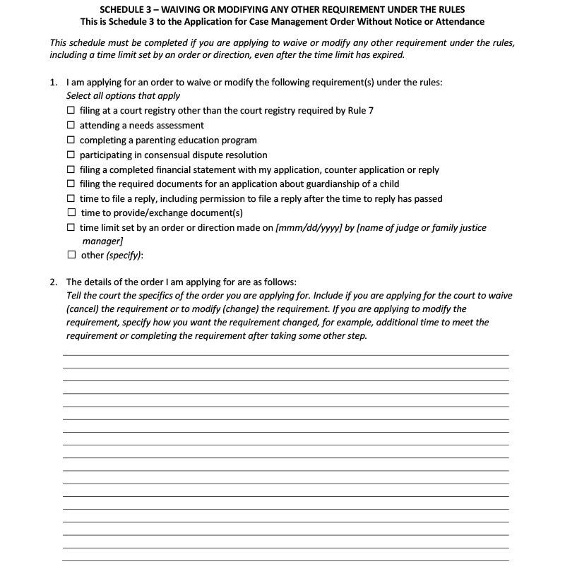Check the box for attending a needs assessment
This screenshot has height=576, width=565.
pyautogui.click(x=71, y=126)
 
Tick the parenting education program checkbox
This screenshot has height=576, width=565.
pyautogui.click(x=71, y=140)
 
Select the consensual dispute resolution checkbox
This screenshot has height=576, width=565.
pyautogui.click(x=71, y=155)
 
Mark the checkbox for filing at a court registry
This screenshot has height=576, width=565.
pyautogui.click(x=71, y=111)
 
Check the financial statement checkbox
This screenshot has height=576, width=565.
pyautogui.click(x=71, y=169)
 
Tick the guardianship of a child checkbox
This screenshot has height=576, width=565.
pyautogui.click(x=71, y=184)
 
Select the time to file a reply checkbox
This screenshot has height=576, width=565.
pyautogui.click(x=71, y=199)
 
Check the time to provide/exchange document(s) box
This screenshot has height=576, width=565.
pyautogui.click(x=71, y=213)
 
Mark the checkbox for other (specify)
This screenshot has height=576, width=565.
pyautogui.click(x=71, y=256)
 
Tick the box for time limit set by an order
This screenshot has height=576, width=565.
pyautogui.click(x=71, y=228)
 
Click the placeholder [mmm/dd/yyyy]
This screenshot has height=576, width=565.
pyautogui.click(x=307, y=228)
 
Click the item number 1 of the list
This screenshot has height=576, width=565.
pyautogui.click(x=54, y=83)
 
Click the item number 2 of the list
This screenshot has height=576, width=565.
pyautogui.click(x=54, y=282)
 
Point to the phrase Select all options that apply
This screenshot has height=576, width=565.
pyautogui.click(x=123, y=96)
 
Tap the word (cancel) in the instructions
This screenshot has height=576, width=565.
pyautogui.click(x=85, y=309)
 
